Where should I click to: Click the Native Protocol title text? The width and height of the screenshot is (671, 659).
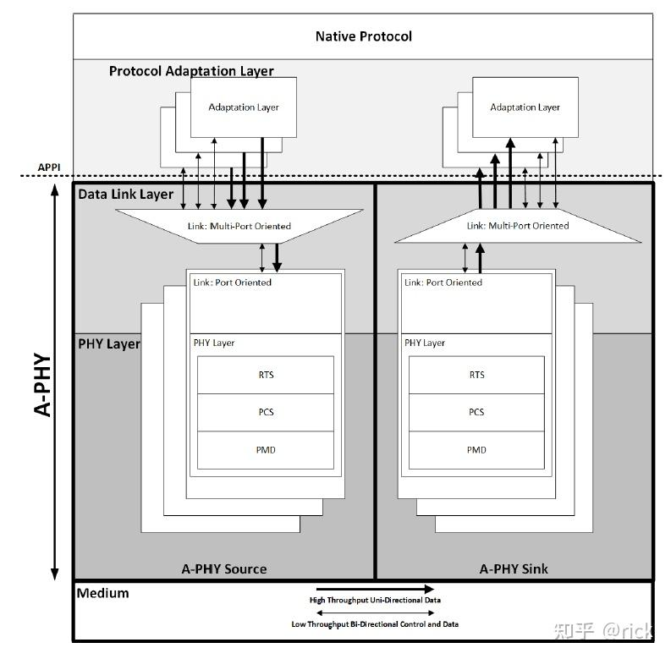tap(363, 36)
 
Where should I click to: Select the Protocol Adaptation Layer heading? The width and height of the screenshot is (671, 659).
tap(191, 71)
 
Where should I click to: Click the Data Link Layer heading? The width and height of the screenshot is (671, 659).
tap(125, 195)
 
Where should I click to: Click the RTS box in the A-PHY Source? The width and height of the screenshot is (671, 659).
tap(265, 375)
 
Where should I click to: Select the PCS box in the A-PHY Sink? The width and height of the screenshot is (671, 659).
tap(476, 412)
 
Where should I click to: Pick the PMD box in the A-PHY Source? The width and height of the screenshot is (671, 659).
tap(265, 449)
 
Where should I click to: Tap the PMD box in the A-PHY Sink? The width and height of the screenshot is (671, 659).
tap(476, 449)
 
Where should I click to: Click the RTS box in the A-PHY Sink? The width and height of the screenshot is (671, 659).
tap(476, 375)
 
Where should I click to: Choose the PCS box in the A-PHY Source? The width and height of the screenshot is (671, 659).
tap(265, 412)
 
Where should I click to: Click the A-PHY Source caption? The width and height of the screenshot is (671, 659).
tap(224, 568)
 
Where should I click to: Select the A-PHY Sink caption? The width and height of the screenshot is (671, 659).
tap(514, 568)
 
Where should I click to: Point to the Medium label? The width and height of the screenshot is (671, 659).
tap(103, 593)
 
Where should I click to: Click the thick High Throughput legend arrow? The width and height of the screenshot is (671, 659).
tap(375, 589)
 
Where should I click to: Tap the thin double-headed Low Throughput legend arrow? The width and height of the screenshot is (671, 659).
tap(375, 612)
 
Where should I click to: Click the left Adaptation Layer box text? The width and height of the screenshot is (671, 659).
tap(244, 107)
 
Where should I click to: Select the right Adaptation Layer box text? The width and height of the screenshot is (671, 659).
tap(525, 107)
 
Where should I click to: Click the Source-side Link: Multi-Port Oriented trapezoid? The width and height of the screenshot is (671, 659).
tap(239, 226)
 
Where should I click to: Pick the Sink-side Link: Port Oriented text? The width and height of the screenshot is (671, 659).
tap(443, 283)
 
